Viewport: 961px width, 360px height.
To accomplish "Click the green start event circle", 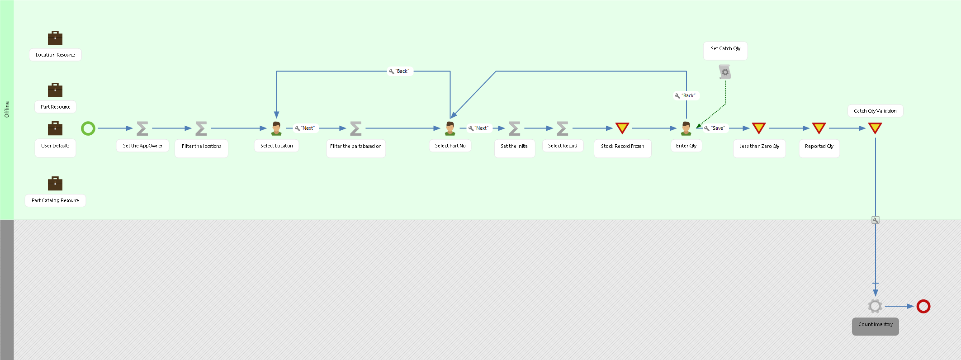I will [x=88, y=128].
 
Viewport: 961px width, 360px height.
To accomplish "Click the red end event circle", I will [x=923, y=306].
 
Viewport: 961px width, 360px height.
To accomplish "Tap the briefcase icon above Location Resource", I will [x=55, y=38].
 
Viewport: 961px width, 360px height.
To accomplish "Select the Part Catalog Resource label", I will [x=55, y=200].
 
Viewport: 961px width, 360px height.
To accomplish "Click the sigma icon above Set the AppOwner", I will [x=142, y=128].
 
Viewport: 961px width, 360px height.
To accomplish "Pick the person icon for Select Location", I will [x=276, y=128].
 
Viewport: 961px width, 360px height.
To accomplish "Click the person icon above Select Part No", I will [x=450, y=128].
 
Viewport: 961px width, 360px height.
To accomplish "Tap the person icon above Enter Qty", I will [x=686, y=128].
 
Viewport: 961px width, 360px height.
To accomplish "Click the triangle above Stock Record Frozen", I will [x=622, y=128].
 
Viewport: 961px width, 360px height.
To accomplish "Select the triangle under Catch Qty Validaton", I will [x=875, y=128].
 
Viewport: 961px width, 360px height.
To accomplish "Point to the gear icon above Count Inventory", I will [x=875, y=306].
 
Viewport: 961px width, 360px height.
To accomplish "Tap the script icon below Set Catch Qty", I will [x=725, y=71].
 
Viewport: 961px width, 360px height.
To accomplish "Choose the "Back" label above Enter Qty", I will [x=686, y=95].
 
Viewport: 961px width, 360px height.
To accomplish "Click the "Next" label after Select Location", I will [x=305, y=128].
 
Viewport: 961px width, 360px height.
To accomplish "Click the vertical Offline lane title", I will [x=7, y=109].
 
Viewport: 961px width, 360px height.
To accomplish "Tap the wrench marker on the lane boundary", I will [x=876, y=220].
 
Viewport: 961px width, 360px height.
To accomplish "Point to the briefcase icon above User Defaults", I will [x=55, y=128].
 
